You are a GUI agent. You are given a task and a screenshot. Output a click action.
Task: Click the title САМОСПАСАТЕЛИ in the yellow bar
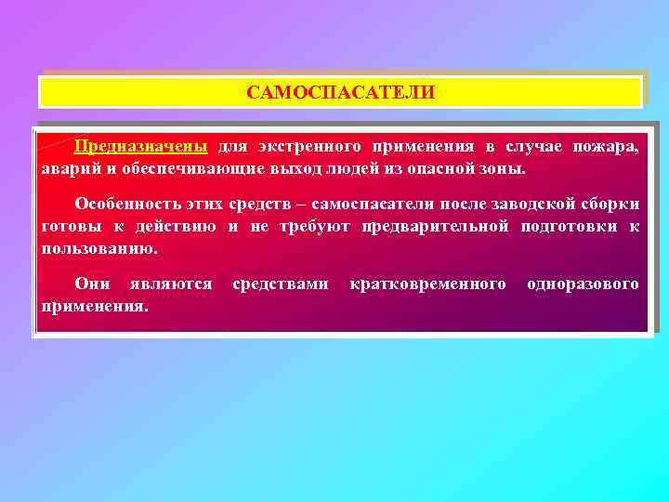340,93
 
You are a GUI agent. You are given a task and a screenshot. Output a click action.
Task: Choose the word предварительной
434,227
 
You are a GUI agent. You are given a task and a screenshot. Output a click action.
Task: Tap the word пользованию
99,249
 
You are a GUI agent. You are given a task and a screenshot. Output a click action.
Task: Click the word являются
172,283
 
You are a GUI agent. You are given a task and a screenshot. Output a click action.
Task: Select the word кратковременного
428,283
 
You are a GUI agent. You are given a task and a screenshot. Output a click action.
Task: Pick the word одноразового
583,283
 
